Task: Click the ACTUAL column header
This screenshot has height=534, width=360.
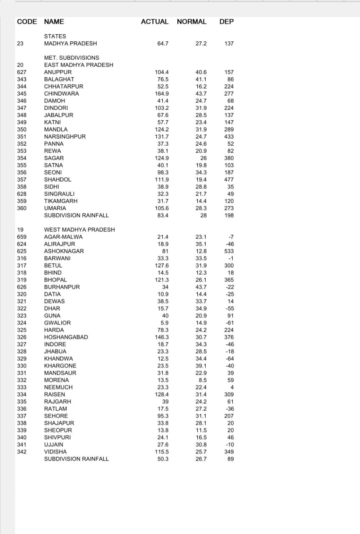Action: [x=155, y=22]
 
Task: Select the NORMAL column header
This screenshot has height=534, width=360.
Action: [x=191, y=22]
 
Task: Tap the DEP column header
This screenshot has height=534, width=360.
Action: [x=227, y=22]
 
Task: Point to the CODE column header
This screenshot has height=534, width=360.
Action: [x=27, y=22]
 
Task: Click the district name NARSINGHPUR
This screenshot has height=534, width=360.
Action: [x=65, y=136]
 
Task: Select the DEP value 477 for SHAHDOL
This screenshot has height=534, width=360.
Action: [x=229, y=179]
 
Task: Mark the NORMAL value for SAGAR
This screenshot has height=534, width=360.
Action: [x=204, y=158]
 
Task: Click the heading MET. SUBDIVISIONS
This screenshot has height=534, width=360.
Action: [x=71, y=58]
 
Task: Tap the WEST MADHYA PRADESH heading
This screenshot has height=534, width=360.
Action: [x=79, y=229]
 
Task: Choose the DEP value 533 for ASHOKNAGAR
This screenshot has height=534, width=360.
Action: [x=229, y=251]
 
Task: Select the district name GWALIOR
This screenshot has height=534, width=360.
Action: [x=57, y=323]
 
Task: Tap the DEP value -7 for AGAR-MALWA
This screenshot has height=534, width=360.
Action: [x=231, y=237]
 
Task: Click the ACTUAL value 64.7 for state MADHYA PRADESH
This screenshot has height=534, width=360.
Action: [x=163, y=43]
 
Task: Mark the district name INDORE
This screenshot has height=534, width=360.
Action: [x=55, y=344]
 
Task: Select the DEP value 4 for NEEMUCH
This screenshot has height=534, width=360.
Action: [x=232, y=387]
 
